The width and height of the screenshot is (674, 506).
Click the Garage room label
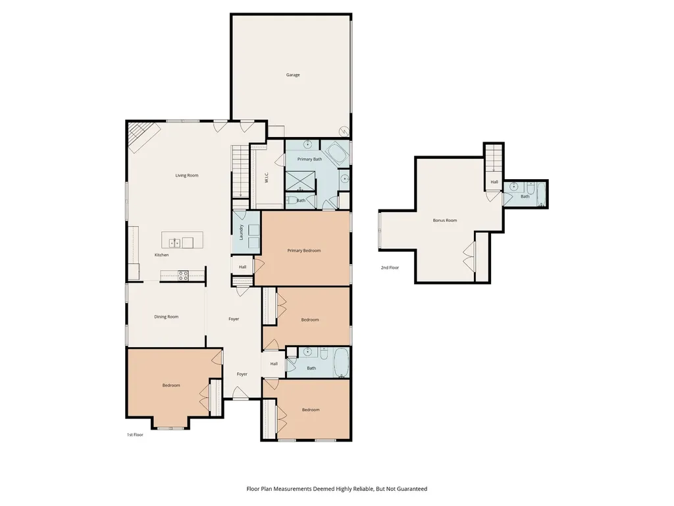[x=293, y=75]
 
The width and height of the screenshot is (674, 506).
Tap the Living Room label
[x=186, y=175]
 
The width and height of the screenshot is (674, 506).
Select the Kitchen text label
[x=162, y=255]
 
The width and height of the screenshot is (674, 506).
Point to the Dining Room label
[x=167, y=317]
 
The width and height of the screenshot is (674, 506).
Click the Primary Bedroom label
[x=304, y=250]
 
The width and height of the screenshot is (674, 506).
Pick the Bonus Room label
[x=445, y=220]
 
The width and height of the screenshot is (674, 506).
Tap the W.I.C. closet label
[x=267, y=178]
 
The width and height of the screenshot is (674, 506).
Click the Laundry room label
[x=241, y=233]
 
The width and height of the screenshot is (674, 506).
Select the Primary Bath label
[x=309, y=159]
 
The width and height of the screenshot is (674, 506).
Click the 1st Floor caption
[x=135, y=435]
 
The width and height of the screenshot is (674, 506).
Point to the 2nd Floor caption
[x=390, y=267]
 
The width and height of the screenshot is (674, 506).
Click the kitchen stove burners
[x=183, y=275]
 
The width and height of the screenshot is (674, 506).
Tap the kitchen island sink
[x=174, y=243]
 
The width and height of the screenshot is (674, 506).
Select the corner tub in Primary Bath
[x=336, y=153]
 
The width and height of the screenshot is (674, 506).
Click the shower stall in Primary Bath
[x=300, y=181]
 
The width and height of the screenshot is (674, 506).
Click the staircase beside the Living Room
[x=241, y=171]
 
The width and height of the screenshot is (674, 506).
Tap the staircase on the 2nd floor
[x=494, y=158]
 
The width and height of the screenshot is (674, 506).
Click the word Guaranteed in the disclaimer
[x=412, y=489]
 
